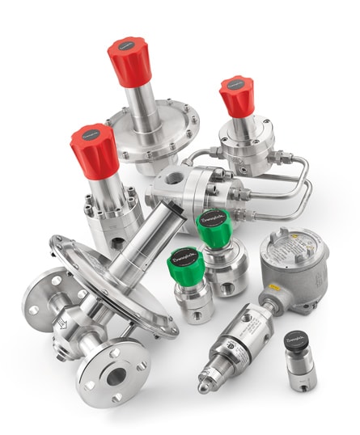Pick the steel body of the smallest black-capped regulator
(299, 369)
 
